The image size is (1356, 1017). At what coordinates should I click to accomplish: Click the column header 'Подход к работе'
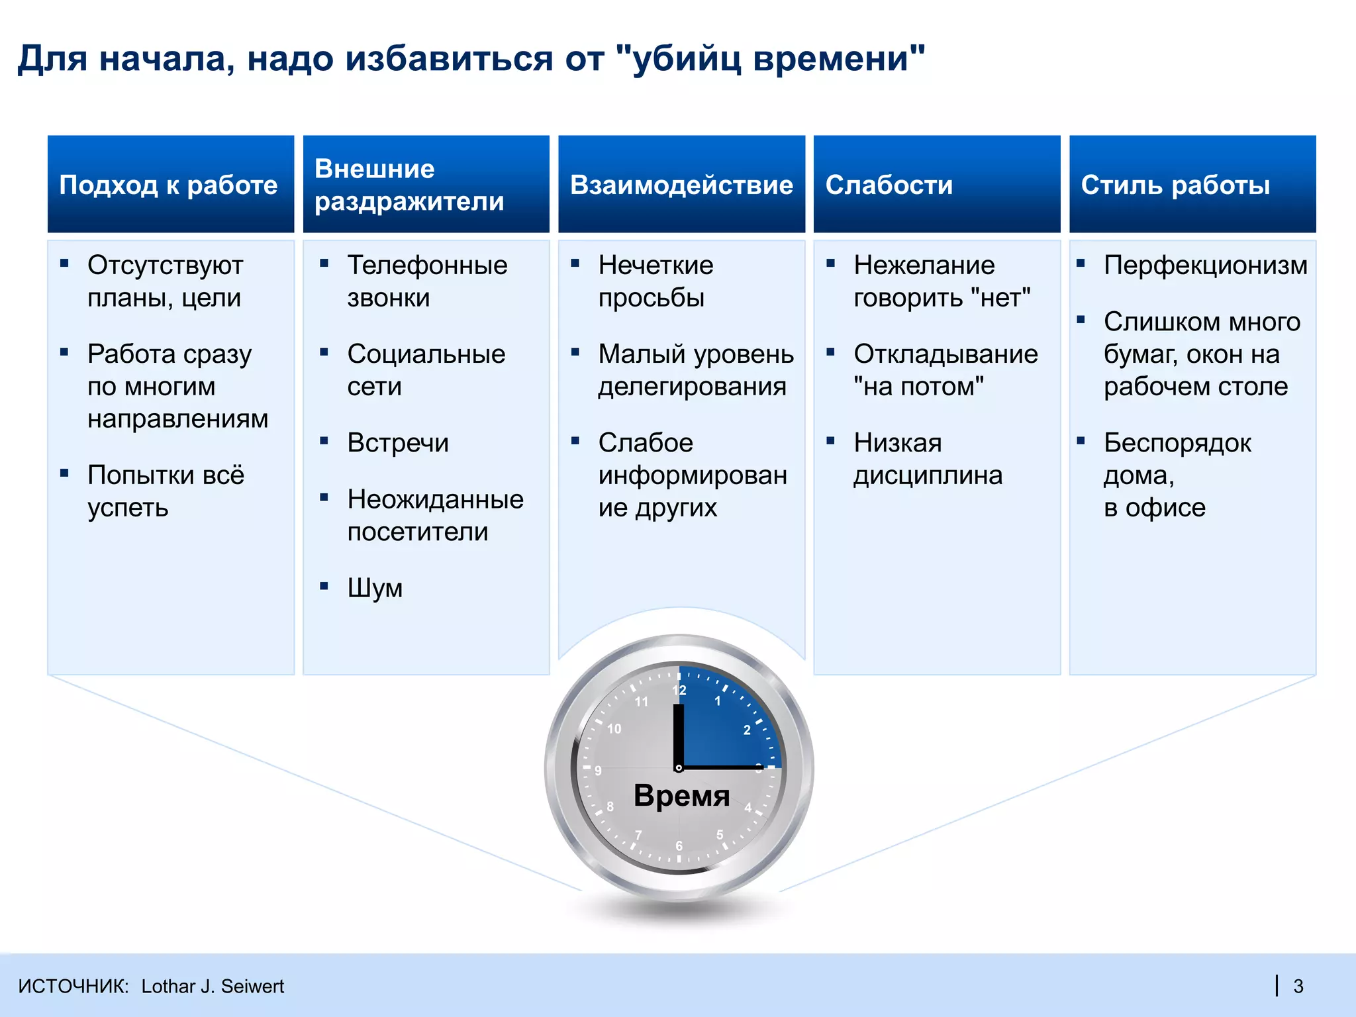click(x=170, y=185)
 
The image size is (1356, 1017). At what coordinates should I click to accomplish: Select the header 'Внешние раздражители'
click(x=426, y=185)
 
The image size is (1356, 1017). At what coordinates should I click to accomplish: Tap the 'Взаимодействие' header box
click(x=681, y=185)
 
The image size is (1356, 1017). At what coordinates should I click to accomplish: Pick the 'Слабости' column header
click(x=936, y=185)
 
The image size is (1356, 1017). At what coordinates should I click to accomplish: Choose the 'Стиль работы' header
click(x=1192, y=185)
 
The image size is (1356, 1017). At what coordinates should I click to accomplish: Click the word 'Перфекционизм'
click(x=1205, y=266)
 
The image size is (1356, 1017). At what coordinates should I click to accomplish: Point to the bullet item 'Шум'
click(x=375, y=588)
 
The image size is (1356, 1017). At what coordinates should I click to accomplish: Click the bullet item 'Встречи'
click(x=398, y=443)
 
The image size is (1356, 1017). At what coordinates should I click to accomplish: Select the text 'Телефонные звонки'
click(x=426, y=281)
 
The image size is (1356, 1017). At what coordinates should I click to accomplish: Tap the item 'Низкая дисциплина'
click(x=927, y=459)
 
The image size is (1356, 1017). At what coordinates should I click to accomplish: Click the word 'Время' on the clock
click(x=681, y=795)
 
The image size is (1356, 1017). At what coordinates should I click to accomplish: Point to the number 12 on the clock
click(x=679, y=691)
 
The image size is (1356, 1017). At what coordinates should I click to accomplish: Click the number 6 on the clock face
click(x=679, y=846)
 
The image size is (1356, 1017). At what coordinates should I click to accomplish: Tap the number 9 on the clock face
click(x=598, y=771)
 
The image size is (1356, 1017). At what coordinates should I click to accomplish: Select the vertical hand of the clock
click(x=678, y=735)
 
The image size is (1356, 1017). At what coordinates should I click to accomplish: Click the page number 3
click(x=1298, y=987)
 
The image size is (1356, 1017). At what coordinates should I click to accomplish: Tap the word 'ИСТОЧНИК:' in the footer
click(x=73, y=987)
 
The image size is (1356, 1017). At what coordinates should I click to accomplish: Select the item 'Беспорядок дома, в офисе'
click(x=1177, y=475)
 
